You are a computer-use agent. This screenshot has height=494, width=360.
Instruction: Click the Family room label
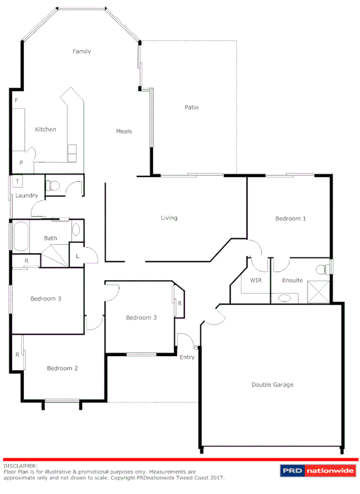[81, 51]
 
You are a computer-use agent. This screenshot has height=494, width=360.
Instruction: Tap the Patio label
[192, 107]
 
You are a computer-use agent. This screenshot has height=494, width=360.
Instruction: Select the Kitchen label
[45, 129]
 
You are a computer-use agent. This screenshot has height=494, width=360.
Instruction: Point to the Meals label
[124, 131]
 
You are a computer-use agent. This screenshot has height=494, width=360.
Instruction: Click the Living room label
[168, 218]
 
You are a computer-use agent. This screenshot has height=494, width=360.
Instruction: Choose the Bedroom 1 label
[290, 218]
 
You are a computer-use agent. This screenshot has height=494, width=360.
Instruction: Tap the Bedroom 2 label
[62, 368]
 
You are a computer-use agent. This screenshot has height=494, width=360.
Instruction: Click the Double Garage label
[272, 384]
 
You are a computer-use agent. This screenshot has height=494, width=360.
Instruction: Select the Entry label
[186, 357]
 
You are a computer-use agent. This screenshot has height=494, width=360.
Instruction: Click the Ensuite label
[292, 280]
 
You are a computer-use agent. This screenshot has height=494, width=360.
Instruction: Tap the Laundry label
[27, 196]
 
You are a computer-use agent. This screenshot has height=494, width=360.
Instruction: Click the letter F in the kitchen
[16, 100]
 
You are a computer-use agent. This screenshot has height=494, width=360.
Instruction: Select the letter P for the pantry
[21, 162]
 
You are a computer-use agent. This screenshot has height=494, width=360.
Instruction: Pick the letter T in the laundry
[18, 181]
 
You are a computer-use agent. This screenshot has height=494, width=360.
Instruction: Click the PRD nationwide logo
[318, 470]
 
